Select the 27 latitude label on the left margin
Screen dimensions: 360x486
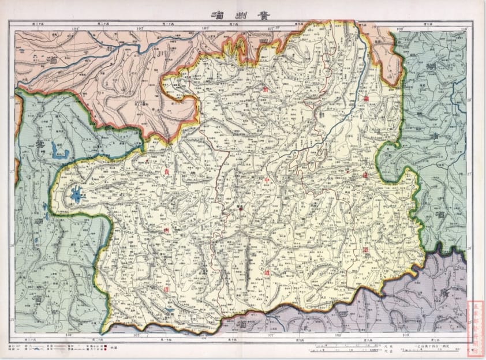[x=13, y=172]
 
